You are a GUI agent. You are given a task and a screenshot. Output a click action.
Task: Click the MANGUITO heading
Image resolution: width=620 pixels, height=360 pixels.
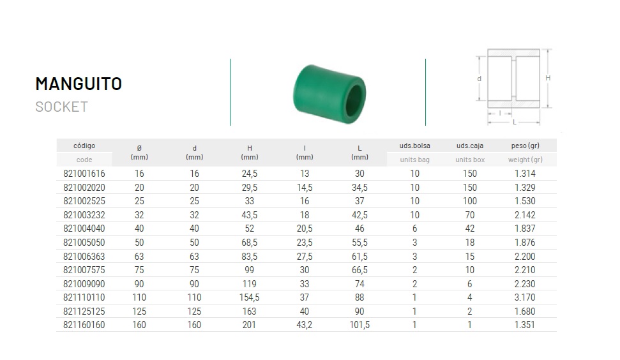(79, 84)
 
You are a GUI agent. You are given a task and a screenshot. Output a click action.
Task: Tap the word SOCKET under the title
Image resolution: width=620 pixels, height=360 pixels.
(62, 107)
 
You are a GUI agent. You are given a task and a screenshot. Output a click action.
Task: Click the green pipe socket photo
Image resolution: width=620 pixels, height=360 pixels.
(329, 94)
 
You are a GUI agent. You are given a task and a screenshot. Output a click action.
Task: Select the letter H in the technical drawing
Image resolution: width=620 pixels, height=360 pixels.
(548, 79)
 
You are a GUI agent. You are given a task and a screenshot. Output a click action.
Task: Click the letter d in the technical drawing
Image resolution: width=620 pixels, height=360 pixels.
(480, 79)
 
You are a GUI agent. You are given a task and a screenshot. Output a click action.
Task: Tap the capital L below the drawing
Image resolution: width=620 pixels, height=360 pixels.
(515, 122)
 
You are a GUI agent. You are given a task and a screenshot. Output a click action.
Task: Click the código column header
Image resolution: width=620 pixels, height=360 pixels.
(84, 146)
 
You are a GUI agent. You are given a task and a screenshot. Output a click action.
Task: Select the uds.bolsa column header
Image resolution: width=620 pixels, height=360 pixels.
(415, 146)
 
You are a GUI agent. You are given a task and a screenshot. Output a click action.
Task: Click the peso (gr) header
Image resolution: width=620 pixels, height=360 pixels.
(525, 146)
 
